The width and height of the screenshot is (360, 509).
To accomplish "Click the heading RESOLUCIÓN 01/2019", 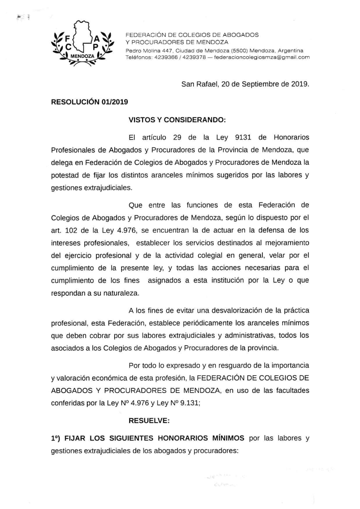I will point(90,102).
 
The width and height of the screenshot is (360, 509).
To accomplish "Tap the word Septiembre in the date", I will point(256,83).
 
